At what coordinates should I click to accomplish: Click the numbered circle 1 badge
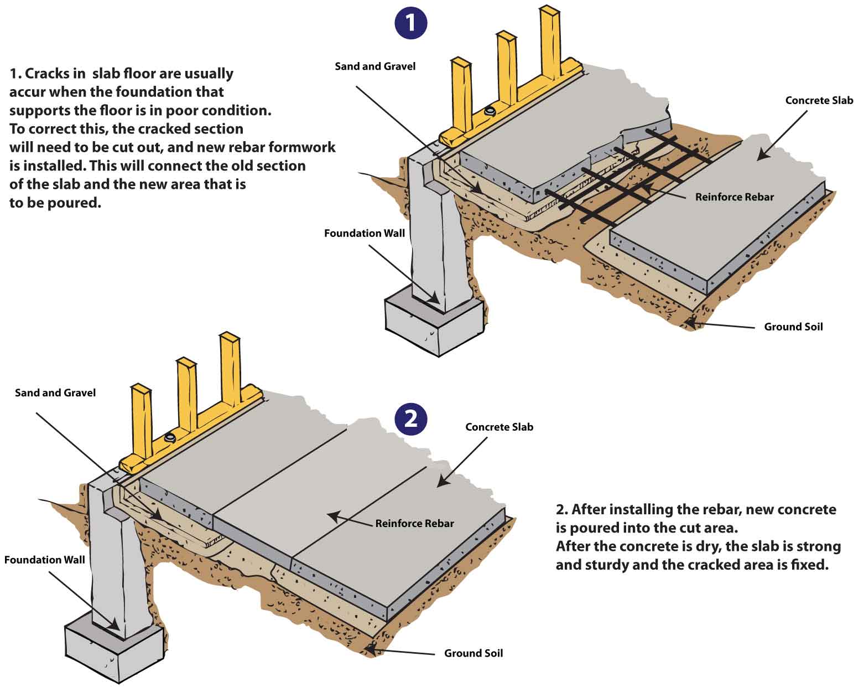[411, 23]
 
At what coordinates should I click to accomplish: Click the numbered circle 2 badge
[411, 419]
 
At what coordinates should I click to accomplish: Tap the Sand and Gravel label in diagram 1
[375, 66]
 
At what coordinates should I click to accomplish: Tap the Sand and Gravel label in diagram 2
[55, 393]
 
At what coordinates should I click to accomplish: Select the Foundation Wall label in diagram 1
[364, 234]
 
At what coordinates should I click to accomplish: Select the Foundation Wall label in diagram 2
[44, 560]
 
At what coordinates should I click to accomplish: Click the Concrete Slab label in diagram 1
[819, 101]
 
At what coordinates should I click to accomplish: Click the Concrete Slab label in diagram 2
[499, 427]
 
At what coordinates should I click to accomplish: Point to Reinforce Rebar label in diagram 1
[734, 197]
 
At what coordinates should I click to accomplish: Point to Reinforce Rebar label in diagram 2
[414, 524]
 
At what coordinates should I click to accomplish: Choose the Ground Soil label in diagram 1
[793, 327]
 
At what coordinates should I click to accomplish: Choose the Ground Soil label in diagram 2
[473, 654]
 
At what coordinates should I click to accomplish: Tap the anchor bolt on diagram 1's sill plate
[489, 111]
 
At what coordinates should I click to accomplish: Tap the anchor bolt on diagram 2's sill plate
[170, 438]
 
